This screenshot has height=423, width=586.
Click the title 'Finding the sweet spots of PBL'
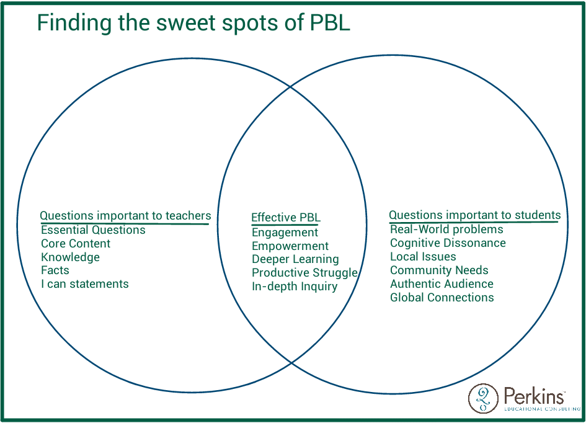pos(193,23)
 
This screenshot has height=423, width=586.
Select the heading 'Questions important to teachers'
pos(125,216)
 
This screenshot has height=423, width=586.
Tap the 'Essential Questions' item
pos(93,230)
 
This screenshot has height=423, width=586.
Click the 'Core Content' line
pos(76,244)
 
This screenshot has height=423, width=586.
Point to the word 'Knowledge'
pos(70,257)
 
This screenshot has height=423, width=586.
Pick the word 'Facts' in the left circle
pos(55,270)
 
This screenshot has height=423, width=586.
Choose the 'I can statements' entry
pos(85,284)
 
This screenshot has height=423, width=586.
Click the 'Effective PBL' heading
pos(285,218)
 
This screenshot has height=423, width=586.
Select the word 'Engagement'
pos(285,233)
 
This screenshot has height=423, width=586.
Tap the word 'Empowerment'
pos(290,246)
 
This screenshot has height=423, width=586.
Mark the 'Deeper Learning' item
pos(295,259)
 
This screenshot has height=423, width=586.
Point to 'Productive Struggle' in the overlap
pos(304,273)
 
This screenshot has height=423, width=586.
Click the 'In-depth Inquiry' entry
pos(295,287)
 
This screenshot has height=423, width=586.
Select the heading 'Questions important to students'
pos(474,215)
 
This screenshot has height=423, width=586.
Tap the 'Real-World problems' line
pos(446,229)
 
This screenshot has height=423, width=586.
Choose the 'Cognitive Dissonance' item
pos(448,243)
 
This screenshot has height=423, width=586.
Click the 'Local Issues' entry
pos(423,257)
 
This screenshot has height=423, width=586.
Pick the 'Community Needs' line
pos(439,270)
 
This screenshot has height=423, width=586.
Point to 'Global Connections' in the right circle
pos(442,298)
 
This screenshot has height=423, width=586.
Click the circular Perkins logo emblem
pos(483,398)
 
